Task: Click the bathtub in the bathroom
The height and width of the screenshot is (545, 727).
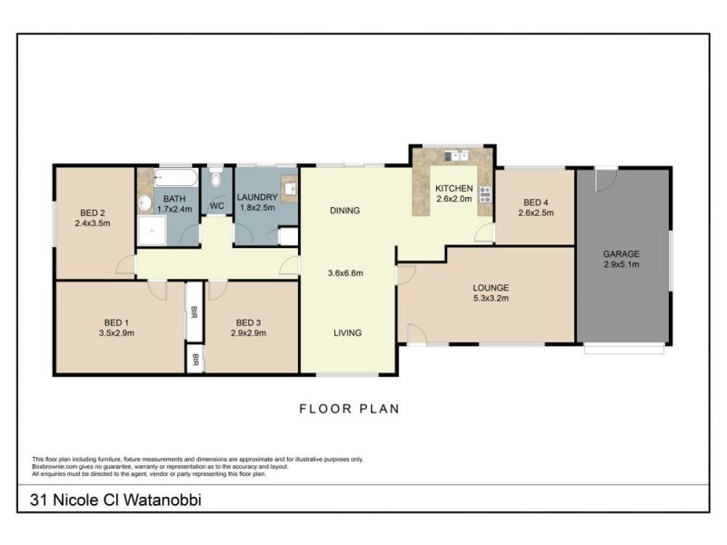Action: (174, 178)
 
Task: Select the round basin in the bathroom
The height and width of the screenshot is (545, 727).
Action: (145, 203)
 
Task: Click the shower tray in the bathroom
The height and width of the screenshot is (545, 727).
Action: (151, 232)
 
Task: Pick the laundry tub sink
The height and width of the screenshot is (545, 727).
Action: (288, 188)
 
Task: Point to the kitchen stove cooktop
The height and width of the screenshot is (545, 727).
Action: (485, 193)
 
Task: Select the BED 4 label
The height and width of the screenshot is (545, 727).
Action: (534, 202)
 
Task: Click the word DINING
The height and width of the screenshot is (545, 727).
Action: (344, 211)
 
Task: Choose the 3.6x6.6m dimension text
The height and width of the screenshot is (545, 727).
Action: (345, 272)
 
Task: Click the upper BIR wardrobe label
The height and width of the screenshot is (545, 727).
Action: (194, 314)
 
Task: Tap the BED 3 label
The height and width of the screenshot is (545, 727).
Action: (249, 322)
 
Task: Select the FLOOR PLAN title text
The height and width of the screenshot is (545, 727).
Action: (349, 409)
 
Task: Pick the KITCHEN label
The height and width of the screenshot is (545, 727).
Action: (453, 188)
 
